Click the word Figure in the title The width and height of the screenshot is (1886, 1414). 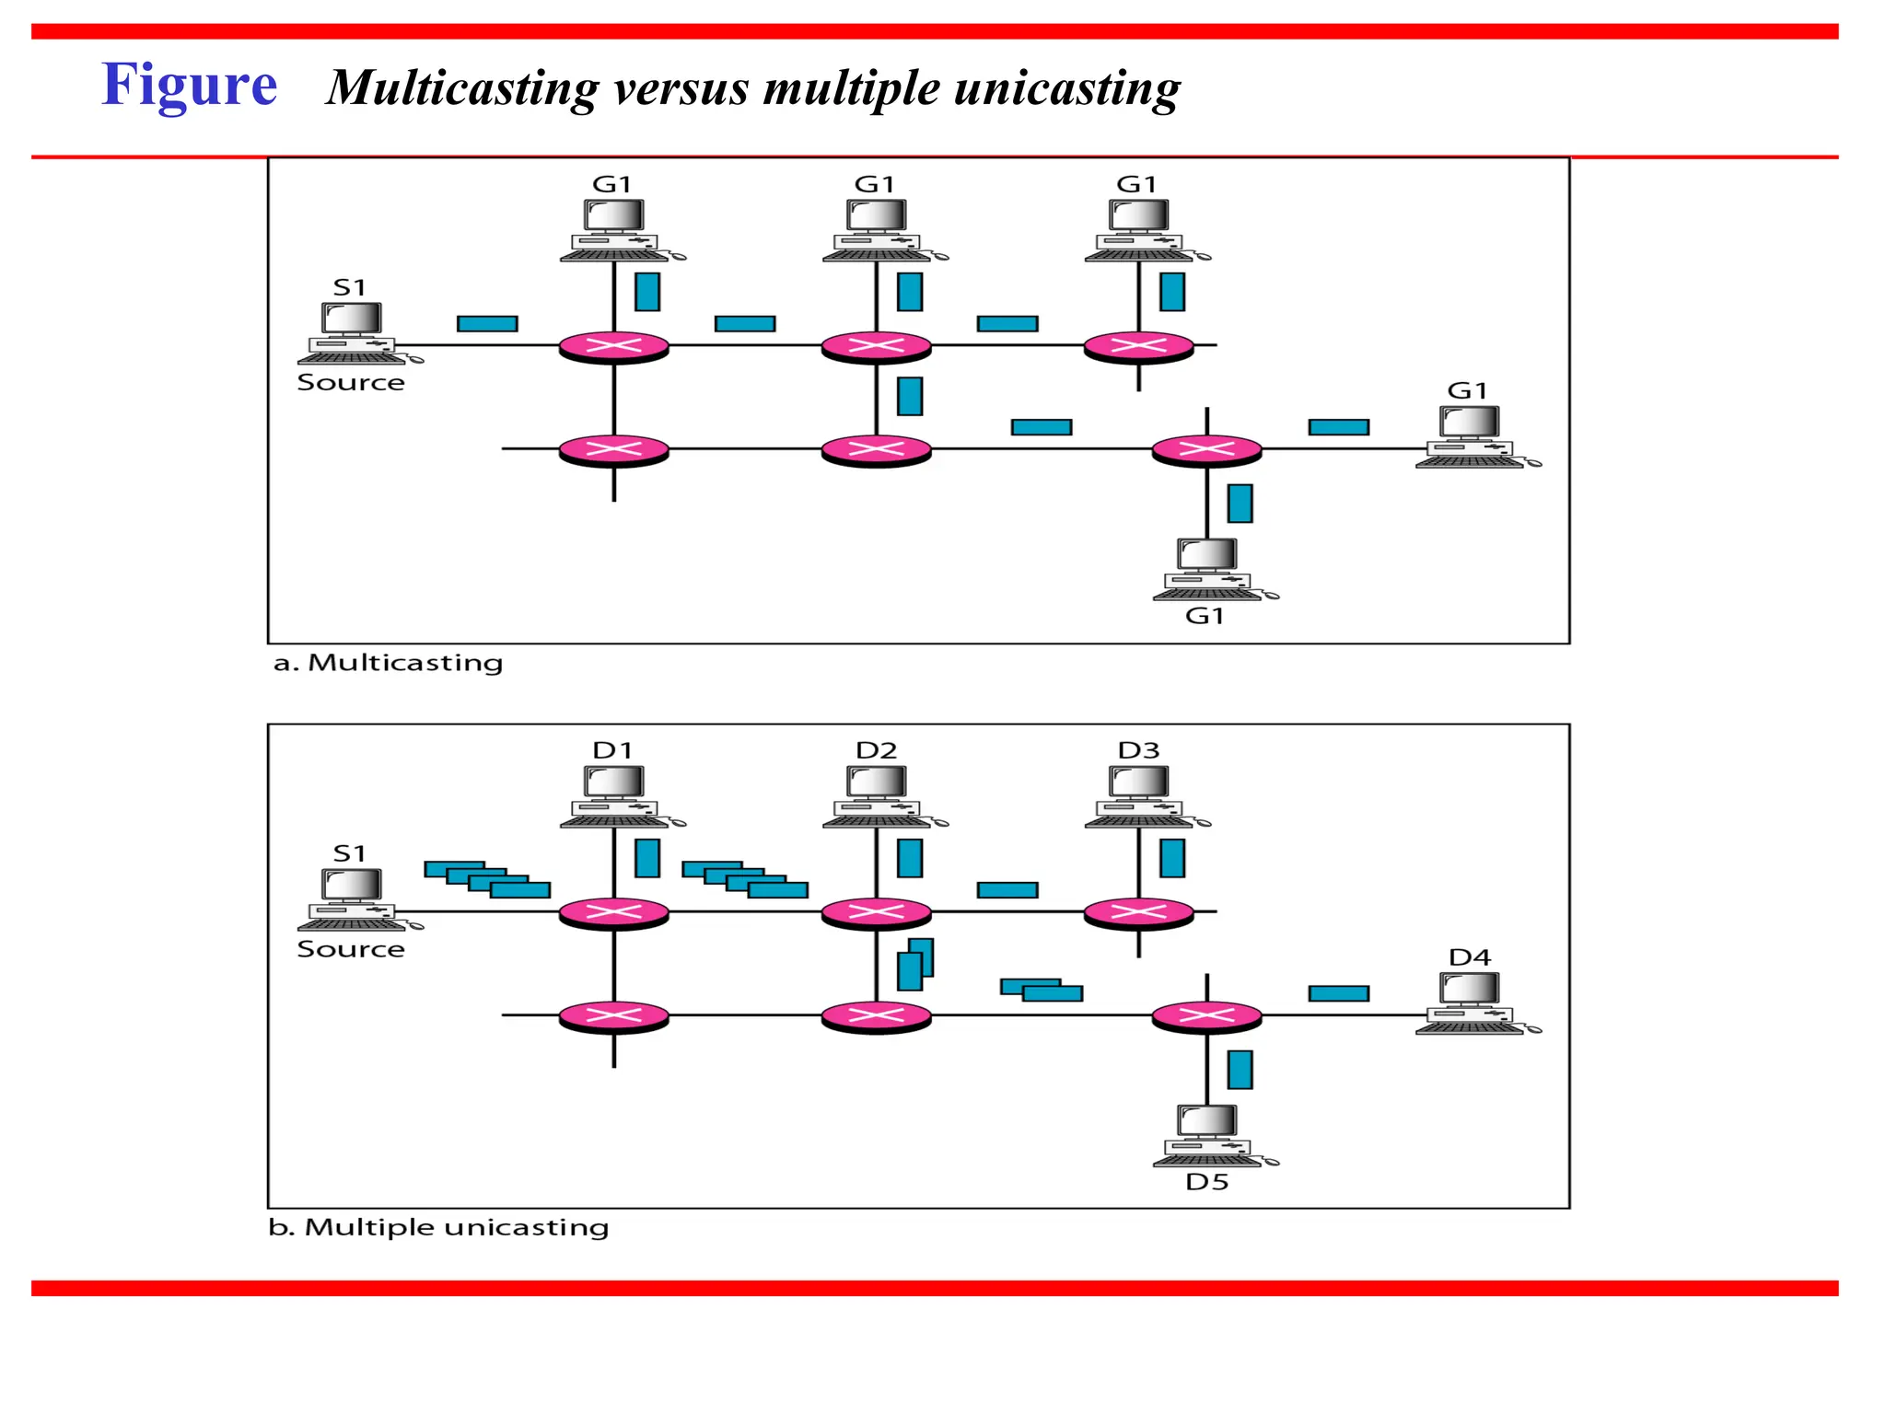coord(189,85)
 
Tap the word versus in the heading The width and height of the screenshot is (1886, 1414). coord(681,88)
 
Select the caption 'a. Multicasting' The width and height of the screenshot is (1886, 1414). coord(388,663)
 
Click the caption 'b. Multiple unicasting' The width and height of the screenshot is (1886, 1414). coord(438,1227)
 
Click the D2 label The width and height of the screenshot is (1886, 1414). coord(876,750)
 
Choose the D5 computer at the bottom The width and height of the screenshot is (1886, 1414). coord(1207,1135)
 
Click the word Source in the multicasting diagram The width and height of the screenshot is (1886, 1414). coord(351,383)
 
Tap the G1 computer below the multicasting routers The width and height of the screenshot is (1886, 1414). coord(1207,569)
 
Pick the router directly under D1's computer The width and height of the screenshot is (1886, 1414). coord(614,912)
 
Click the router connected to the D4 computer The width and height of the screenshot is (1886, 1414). coord(1206,1016)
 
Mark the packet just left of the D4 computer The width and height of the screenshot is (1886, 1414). coord(1338,993)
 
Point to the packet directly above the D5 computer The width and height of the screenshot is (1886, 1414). coord(1240,1070)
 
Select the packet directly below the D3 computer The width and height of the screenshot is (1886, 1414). coord(1172,858)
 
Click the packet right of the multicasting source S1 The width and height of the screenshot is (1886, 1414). coord(487,323)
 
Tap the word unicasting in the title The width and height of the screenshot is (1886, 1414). coord(1067,88)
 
